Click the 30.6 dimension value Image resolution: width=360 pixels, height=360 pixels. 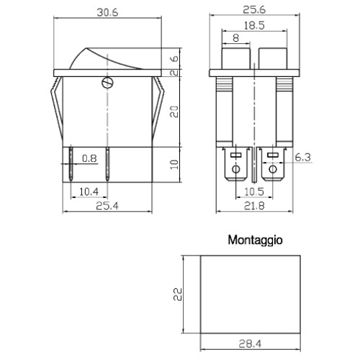107,12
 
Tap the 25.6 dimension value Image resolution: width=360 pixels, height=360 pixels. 254,10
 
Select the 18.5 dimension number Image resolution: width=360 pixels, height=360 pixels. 254,26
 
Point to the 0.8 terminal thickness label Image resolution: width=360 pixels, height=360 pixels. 89,158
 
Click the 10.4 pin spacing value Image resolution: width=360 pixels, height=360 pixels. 89,192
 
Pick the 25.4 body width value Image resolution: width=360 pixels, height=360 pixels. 107,206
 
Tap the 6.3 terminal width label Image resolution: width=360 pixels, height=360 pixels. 302,158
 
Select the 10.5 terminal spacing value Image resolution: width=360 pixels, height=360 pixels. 254,192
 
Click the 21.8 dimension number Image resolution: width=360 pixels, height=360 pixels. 254,206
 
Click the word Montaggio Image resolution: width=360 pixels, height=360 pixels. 255,240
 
